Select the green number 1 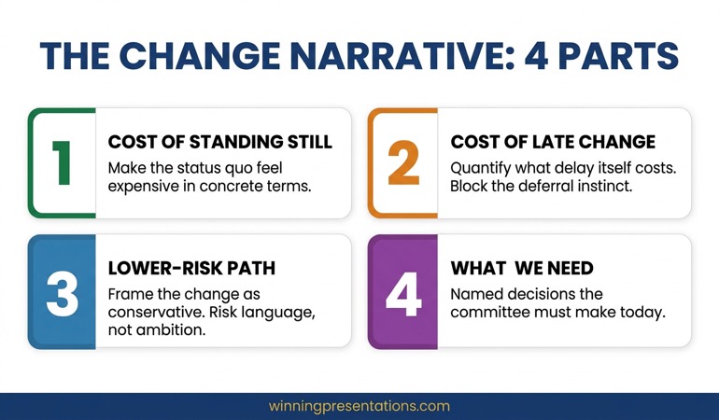pyautogui.click(x=62, y=162)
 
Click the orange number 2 pyautogui.click(x=402, y=162)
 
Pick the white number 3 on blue pyautogui.click(x=62, y=291)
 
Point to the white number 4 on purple pyautogui.click(x=402, y=291)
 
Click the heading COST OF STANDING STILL pyautogui.click(x=219, y=142)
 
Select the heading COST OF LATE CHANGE pyautogui.click(x=553, y=142)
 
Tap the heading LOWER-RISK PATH pyautogui.click(x=191, y=268)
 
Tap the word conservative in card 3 pyautogui.click(x=146, y=313)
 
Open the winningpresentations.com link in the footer pyautogui.click(x=359, y=406)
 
